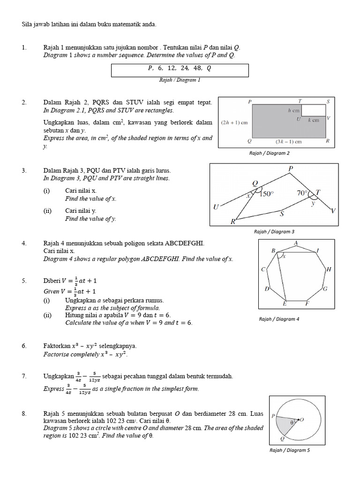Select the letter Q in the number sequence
coord(209,68)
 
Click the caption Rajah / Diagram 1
coord(180,80)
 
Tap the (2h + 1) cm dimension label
coord(233,123)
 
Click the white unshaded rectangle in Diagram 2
coord(313,110)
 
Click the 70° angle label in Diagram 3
coord(302,192)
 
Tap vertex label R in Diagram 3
coord(232,222)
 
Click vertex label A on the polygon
coord(296,243)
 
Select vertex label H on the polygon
coord(329,270)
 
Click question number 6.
coord(25,345)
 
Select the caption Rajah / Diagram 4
coord(279,319)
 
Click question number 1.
coord(25,48)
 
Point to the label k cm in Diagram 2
coord(314,120)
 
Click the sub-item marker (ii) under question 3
coord(48,211)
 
